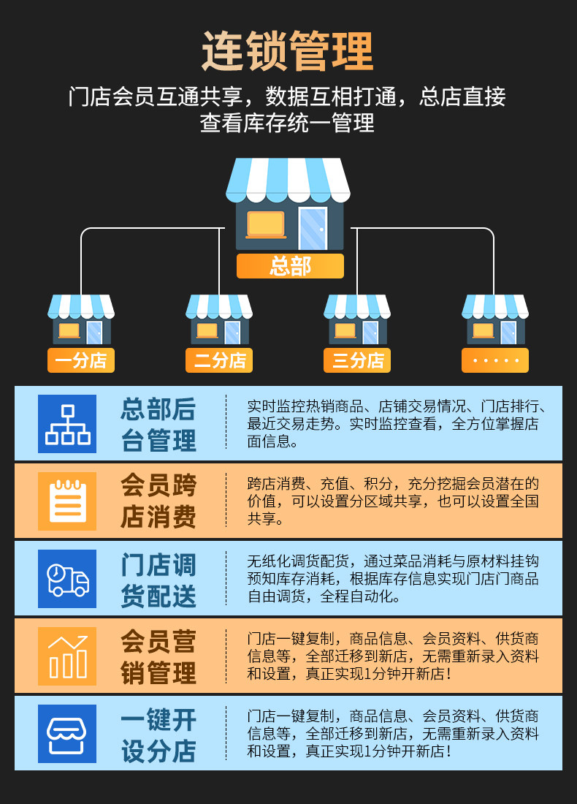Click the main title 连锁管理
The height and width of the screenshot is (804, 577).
pyautogui.click(x=288, y=51)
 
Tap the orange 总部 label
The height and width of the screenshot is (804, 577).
pyautogui.click(x=290, y=266)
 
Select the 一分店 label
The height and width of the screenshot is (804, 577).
pyautogui.click(x=81, y=360)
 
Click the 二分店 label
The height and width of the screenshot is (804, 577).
pyautogui.click(x=219, y=360)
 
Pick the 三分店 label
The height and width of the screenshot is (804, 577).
pyautogui.click(x=357, y=360)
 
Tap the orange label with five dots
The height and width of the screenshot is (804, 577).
pyautogui.click(x=495, y=360)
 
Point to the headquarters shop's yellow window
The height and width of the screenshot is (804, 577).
pyautogui.click(x=266, y=224)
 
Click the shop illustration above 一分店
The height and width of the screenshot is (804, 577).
pyautogui.click(x=81, y=319)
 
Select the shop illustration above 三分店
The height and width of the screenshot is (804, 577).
pyautogui.click(x=357, y=319)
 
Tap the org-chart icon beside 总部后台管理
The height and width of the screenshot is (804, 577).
pyautogui.click(x=67, y=424)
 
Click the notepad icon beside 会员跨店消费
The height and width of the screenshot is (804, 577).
pyautogui.click(x=67, y=501)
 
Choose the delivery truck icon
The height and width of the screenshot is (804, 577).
pyautogui.click(x=67, y=579)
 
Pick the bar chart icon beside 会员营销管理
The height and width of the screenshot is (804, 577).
pyautogui.click(x=67, y=656)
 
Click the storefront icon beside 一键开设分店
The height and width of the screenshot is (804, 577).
pyautogui.click(x=67, y=734)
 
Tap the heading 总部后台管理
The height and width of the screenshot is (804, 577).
pyautogui.click(x=158, y=425)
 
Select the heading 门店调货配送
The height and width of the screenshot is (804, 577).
pyautogui.click(x=158, y=580)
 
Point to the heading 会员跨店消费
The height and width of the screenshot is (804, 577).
pyautogui.click(x=158, y=501)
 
